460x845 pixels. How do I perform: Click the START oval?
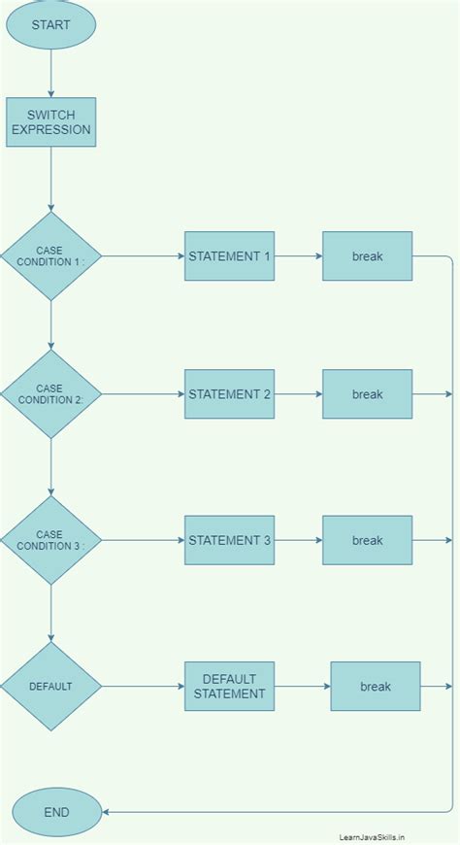tap(51, 25)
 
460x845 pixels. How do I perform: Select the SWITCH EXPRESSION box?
tap(51, 122)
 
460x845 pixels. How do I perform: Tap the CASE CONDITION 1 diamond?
tap(50, 256)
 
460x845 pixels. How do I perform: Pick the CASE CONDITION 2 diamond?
tap(50, 394)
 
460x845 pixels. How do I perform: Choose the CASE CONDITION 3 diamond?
tap(50, 540)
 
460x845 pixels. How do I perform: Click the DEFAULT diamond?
tap(50, 687)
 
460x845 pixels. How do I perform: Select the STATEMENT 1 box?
tap(229, 256)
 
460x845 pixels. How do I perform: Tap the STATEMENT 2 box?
tap(229, 394)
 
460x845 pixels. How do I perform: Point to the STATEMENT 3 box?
tap(229, 540)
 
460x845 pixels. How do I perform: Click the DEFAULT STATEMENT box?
tap(229, 687)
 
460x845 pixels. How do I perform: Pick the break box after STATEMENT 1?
tap(368, 256)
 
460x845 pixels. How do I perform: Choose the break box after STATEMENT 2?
tap(368, 394)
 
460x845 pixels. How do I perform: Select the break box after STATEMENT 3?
tap(368, 540)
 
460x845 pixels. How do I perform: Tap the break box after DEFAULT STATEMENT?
tap(376, 687)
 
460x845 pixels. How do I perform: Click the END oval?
tap(56, 812)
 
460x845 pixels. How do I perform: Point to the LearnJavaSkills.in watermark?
tap(372, 835)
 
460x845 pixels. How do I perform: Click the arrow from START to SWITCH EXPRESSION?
tap(51, 73)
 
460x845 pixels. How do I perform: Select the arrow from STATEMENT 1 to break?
tap(298, 256)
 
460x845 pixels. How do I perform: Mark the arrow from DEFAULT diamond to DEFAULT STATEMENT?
tap(143, 687)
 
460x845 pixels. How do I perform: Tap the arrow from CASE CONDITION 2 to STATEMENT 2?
tap(143, 394)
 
